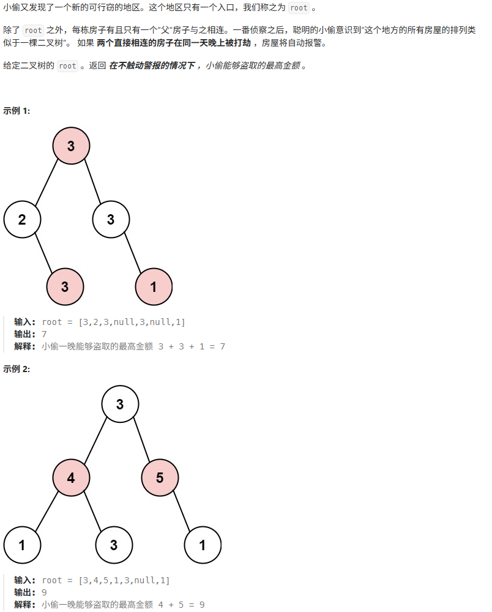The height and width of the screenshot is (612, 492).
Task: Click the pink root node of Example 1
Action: (71, 146)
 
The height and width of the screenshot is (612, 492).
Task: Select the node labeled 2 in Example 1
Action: (22, 219)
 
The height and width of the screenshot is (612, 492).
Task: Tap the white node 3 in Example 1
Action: (111, 219)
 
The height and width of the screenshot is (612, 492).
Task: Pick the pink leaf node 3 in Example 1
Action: (65, 286)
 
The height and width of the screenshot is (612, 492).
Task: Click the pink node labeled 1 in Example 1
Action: (154, 286)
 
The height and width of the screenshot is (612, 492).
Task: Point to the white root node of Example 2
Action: (120, 404)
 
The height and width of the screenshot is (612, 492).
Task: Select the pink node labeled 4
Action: (71, 477)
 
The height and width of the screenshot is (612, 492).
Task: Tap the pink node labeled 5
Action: (160, 477)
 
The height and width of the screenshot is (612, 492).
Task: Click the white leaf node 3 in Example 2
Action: (114, 544)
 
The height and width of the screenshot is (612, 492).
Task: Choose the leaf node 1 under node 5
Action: (203, 544)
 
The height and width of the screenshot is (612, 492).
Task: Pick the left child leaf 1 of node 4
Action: (22, 544)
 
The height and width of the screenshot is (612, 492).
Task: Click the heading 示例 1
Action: (17, 111)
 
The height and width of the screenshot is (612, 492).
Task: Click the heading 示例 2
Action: (17, 369)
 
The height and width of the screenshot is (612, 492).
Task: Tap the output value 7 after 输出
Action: (44, 334)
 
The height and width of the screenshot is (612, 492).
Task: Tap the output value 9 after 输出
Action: (44, 592)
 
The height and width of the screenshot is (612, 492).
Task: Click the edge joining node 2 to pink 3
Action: (43, 252)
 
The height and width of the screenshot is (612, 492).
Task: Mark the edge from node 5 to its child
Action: (181, 511)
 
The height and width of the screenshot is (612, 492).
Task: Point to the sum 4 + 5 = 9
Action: (181, 605)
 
